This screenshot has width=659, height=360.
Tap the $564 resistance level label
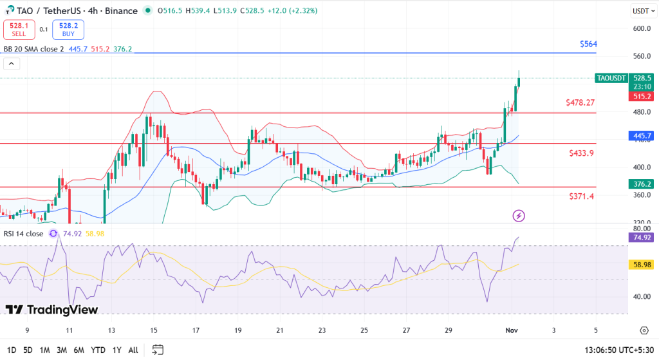[588, 44]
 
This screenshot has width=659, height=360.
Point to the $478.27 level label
[580, 102]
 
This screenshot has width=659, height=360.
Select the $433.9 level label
[581, 153]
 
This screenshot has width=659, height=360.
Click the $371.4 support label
[581, 196]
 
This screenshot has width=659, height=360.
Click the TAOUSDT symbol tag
[611, 78]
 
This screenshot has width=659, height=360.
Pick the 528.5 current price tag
[642, 78]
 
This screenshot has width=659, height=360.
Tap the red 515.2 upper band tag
[642, 96]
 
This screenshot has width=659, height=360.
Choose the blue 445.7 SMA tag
[642, 136]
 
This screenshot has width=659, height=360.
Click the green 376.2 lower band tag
[642, 184]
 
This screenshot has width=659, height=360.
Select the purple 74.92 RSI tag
[642, 238]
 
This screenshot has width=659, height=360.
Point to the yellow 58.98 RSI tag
[642, 265]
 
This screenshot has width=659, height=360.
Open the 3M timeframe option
[62, 350]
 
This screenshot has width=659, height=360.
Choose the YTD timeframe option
[98, 350]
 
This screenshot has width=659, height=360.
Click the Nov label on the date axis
[512, 330]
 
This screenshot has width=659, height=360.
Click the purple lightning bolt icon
[519, 216]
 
